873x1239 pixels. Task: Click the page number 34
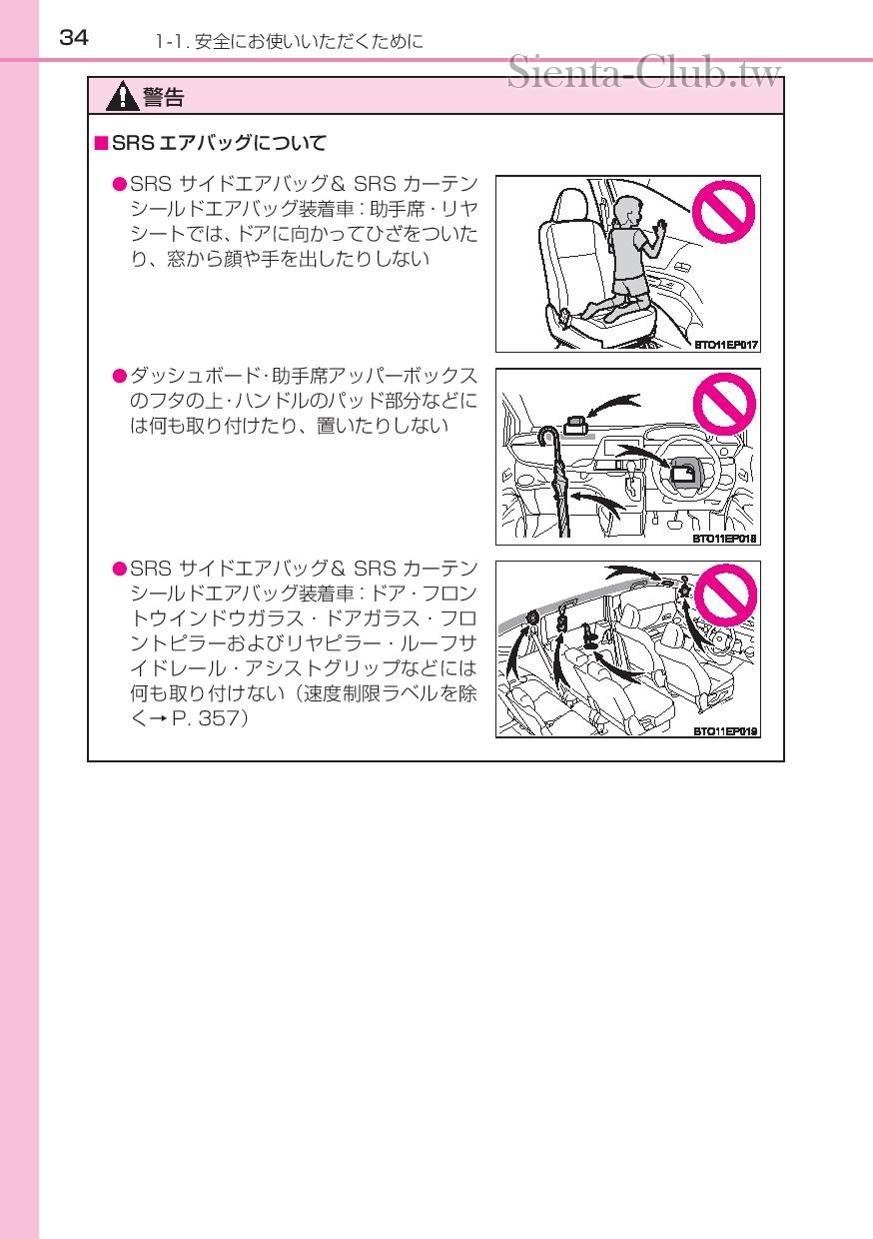[x=74, y=38]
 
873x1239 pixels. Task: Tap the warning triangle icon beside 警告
[x=123, y=97]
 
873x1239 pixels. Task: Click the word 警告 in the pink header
[x=163, y=97]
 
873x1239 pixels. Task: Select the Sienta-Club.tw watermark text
[x=644, y=73]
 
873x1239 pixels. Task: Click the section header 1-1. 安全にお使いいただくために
[x=289, y=42]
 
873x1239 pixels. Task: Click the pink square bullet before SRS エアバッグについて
[x=100, y=143]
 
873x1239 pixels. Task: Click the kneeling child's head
[x=626, y=211]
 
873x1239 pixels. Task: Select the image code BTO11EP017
[x=726, y=346]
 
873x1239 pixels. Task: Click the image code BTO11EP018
[x=726, y=539]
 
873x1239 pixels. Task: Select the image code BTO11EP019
[x=726, y=731]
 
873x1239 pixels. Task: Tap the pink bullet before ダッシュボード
[x=119, y=376]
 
